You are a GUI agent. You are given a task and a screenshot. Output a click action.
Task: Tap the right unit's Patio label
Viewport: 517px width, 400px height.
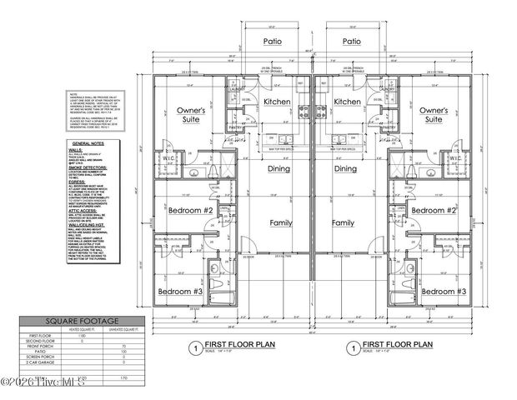[351, 40]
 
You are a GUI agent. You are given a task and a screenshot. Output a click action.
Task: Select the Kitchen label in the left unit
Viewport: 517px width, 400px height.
[275, 101]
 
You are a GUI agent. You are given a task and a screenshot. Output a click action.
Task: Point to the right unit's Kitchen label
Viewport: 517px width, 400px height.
[346, 101]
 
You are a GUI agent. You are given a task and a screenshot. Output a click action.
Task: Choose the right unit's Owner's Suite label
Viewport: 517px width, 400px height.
[432, 114]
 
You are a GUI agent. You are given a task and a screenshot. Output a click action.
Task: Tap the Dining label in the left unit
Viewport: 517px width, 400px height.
[279, 168]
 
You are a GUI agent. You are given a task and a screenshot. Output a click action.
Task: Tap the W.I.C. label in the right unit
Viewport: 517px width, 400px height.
[455, 157]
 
